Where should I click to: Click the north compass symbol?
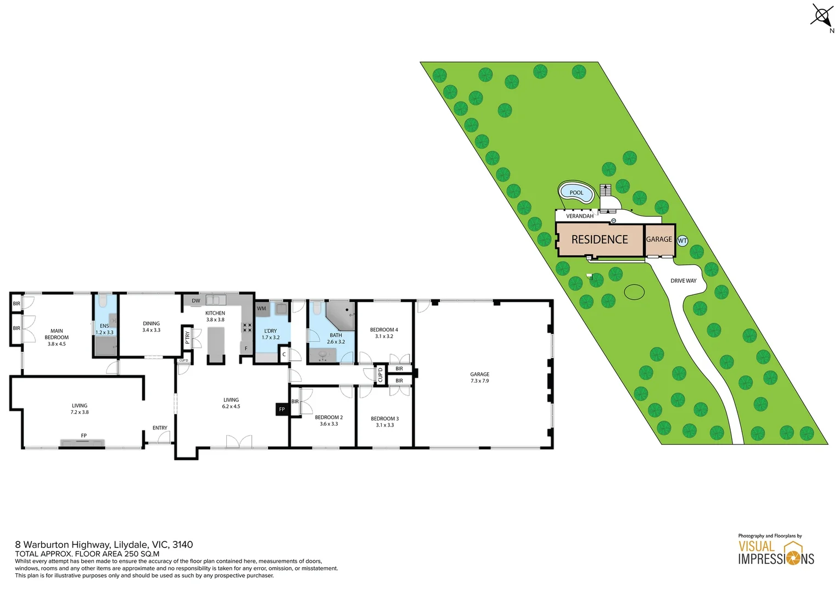(x=822, y=16)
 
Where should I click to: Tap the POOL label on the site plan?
(x=576, y=193)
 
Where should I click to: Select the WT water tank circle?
(x=682, y=240)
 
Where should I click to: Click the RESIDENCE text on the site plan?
(x=599, y=239)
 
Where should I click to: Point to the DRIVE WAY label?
(x=683, y=281)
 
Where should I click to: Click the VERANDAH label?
(x=579, y=216)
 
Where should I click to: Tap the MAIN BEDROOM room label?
(x=57, y=337)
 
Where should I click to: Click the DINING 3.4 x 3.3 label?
(x=151, y=327)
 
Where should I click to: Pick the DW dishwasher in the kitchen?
(x=196, y=300)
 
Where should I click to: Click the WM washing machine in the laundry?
(x=261, y=309)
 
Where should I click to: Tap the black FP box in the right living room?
(x=282, y=409)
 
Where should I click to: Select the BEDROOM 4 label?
(x=384, y=333)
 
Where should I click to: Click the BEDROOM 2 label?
(x=328, y=421)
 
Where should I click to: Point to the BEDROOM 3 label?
(x=384, y=422)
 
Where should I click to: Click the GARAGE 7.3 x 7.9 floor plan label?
(x=479, y=377)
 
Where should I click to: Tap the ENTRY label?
(x=160, y=428)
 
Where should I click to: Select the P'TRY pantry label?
(x=187, y=338)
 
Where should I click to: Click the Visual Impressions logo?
(x=775, y=552)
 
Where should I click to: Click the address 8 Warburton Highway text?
(x=104, y=545)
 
